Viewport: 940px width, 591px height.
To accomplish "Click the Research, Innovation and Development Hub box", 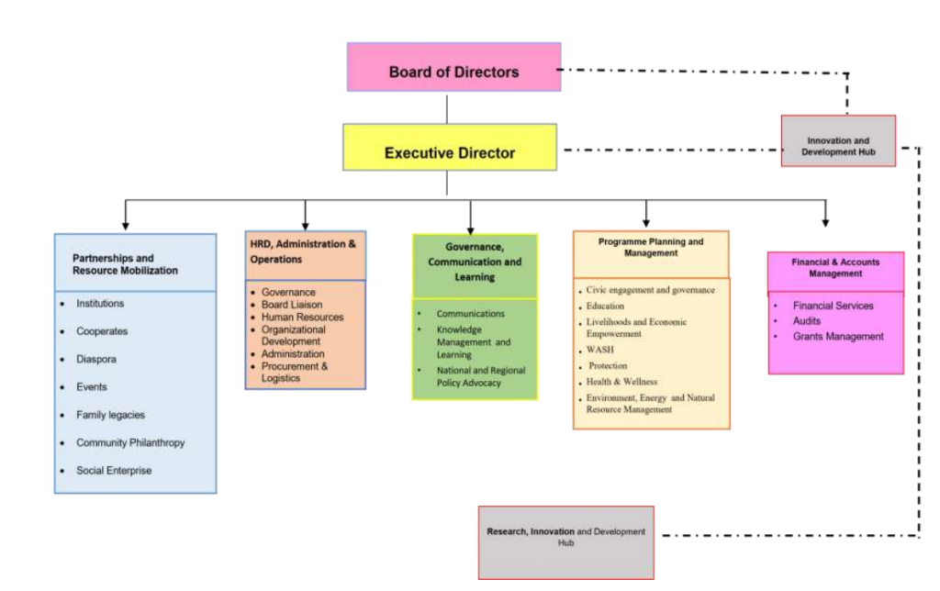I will pos(565,537).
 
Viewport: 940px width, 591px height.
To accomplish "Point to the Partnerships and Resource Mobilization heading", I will pos(125,264).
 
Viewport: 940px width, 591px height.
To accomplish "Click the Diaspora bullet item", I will pos(96,359).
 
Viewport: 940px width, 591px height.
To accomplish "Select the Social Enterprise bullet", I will pos(114,470).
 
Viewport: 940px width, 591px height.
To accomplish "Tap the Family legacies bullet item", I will pos(110,415).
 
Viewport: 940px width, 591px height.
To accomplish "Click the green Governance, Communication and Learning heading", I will pos(475,262).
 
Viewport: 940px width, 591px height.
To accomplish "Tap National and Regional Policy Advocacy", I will pos(468,376).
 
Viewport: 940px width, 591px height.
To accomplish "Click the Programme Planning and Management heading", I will pos(651,247).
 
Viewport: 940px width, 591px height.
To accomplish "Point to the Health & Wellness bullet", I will pos(623,381).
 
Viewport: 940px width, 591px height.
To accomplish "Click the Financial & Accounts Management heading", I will pos(834,267).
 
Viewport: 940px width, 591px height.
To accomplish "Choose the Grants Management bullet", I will pos(838,337).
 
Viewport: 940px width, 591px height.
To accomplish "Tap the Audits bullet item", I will pos(807,321).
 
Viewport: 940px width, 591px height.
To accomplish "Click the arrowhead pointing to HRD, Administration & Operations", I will pos(306,224).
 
